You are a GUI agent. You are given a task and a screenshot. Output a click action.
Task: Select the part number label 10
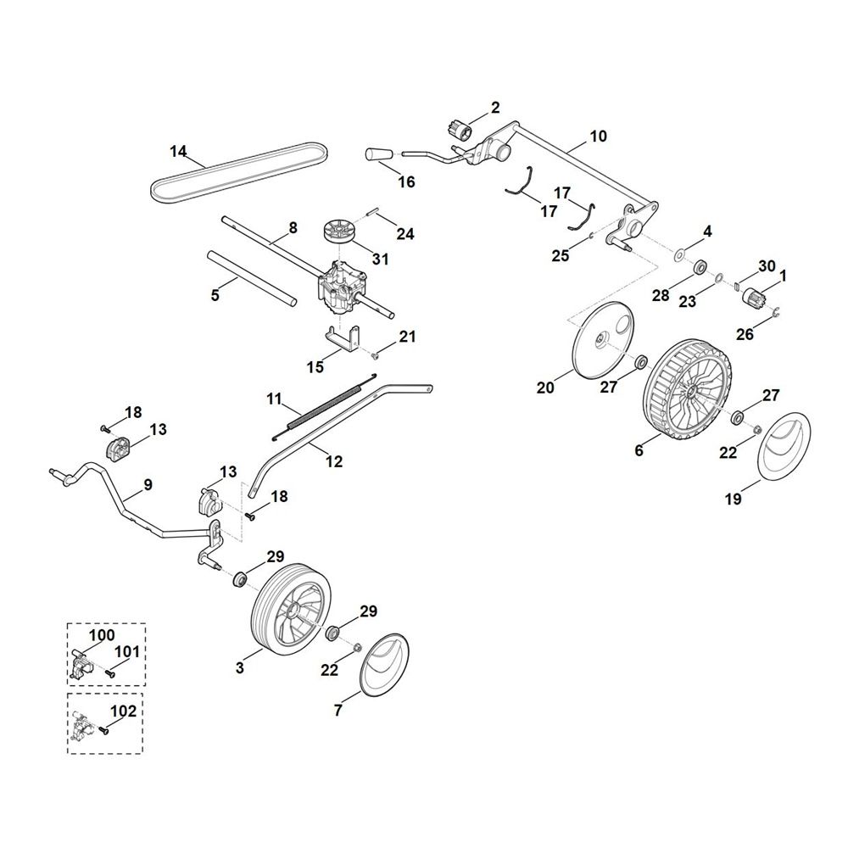point(598,136)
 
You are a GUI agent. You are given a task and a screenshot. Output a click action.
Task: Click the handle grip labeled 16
point(376,155)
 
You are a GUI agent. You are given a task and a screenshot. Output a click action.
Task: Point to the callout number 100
point(102,635)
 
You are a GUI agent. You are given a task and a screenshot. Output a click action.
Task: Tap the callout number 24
point(405,234)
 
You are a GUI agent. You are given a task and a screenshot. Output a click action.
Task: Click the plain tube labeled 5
point(253,277)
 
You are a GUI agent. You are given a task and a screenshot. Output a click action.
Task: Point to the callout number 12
point(334,461)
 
